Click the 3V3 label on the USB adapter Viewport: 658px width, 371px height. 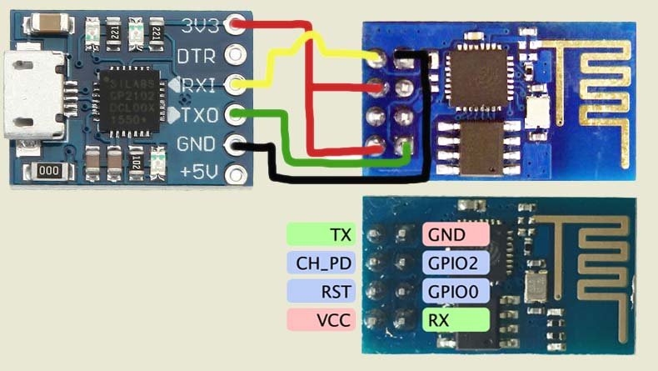tap(200, 26)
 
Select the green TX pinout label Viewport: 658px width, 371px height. tap(321, 235)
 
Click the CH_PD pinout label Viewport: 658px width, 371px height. tap(321, 263)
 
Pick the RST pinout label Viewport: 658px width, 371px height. tap(321, 291)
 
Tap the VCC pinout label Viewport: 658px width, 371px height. tap(321, 318)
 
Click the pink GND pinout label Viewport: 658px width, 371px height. tap(456, 235)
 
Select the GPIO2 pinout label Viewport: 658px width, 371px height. tap(456, 263)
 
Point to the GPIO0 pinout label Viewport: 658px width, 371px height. tap(456, 291)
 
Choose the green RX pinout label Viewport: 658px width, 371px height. tap(456, 318)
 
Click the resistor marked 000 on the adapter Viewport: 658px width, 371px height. tap(48, 172)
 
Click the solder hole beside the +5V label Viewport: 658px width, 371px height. tap(240, 174)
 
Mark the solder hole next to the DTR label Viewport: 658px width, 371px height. tap(240, 55)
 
